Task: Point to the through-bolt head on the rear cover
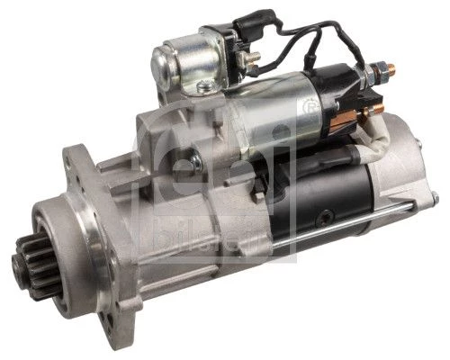[x=436, y=198]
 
